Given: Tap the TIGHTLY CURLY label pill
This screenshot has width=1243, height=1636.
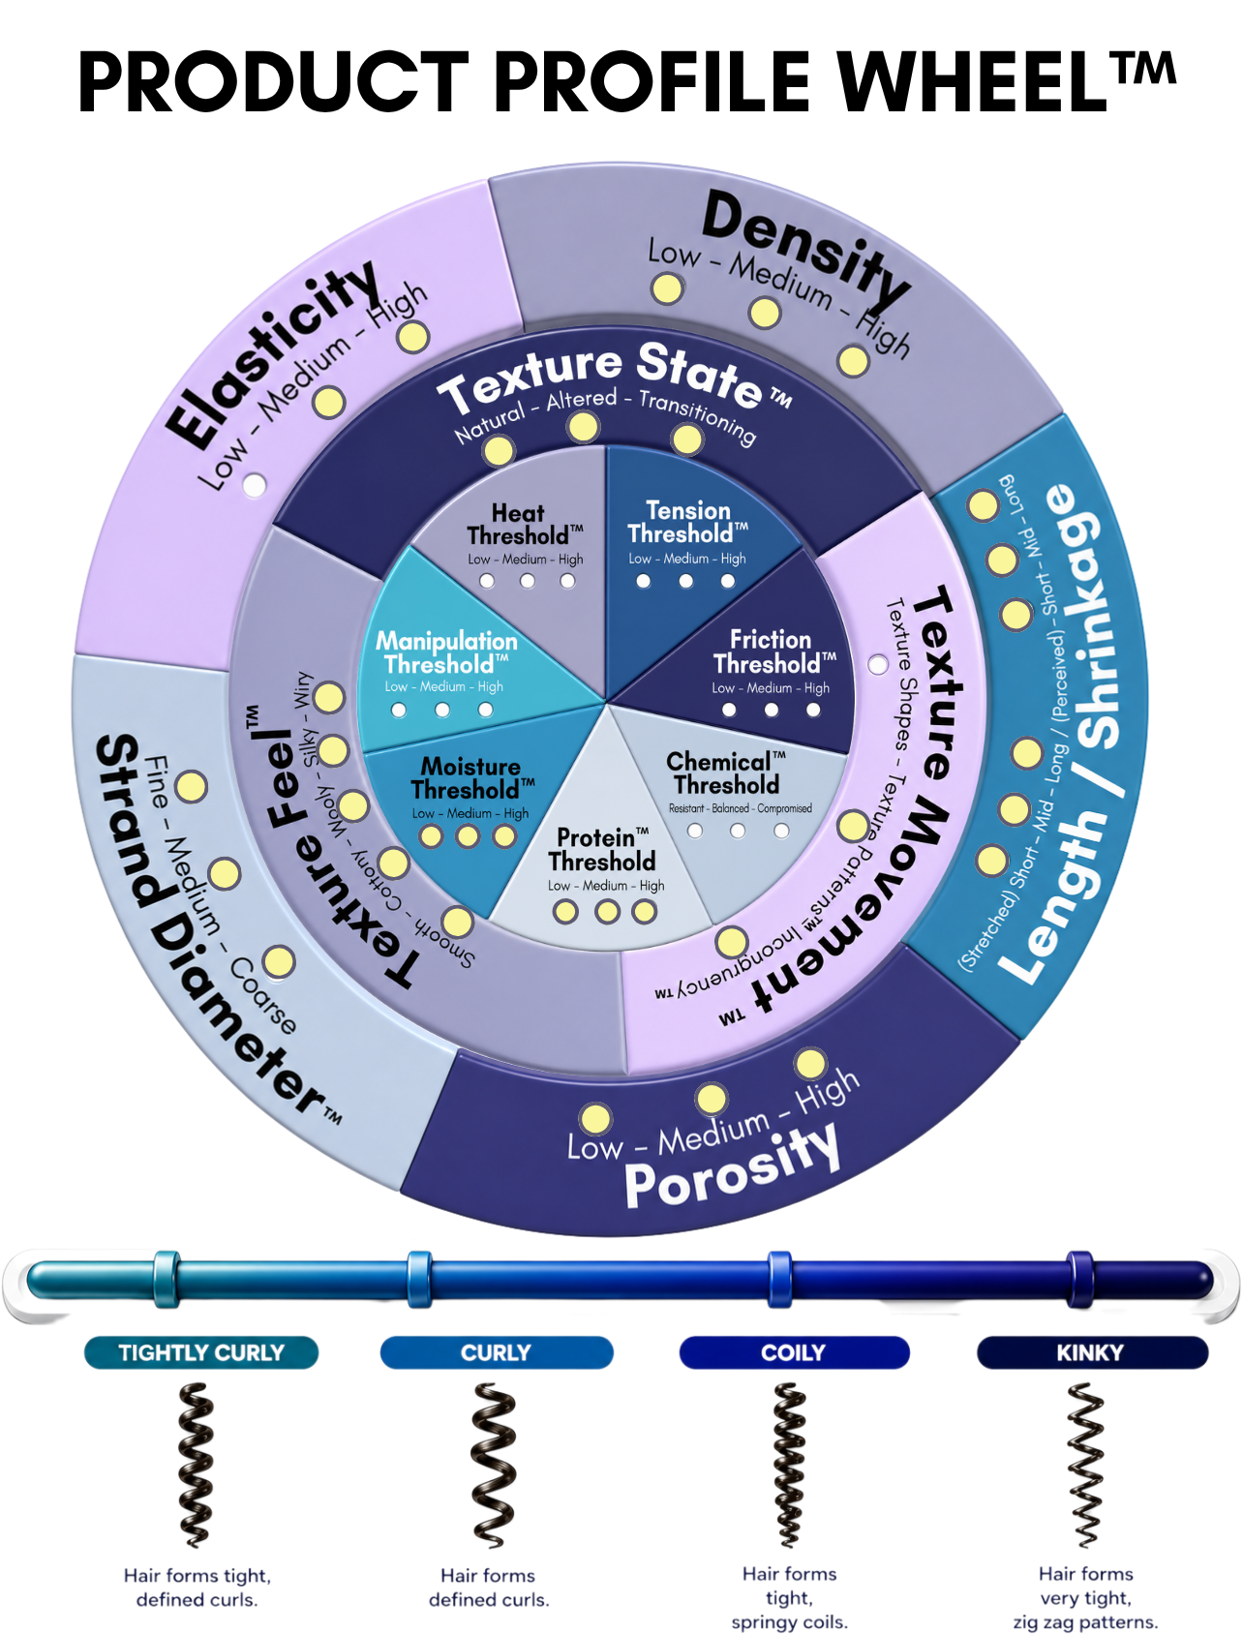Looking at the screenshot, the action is pyautogui.click(x=201, y=1352).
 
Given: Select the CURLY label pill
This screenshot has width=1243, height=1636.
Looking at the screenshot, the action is pyautogui.click(x=497, y=1352).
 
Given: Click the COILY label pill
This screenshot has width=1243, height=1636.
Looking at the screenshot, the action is pyautogui.click(x=794, y=1352).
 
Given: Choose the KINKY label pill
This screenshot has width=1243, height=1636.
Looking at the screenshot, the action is pyautogui.click(x=1091, y=1352).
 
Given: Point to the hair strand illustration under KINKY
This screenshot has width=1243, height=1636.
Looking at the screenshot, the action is pyautogui.click(x=1085, y=1465).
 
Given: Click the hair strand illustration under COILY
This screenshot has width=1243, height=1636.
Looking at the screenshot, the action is pyautogui.click(x=790, y=1465).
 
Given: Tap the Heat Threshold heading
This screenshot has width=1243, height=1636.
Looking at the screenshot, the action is pyautogui.click(x=524, y=525).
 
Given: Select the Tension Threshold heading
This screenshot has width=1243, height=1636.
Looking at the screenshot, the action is pyautogui.click(x=687, y=523).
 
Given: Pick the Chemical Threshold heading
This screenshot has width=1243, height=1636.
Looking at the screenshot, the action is pyautogui.click(x=727, y=773).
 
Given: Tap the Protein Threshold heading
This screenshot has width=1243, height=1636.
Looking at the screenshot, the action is pyautogui.click(x=602, y=849).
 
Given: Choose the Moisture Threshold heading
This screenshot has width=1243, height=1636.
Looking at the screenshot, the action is pyautogui.click(x=472, y=778).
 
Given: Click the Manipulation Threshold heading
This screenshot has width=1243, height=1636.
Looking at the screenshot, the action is pyautogui.click(x=446, y=652).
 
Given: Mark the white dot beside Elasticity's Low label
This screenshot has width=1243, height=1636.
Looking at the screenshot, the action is pyautogui.click(x=254, y=484).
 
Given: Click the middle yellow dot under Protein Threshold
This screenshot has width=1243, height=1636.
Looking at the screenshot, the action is pyautogui.click(x=607, y=911).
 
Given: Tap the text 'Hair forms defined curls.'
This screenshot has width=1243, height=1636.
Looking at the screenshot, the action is pyautogui.click(x=489, y=1588).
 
